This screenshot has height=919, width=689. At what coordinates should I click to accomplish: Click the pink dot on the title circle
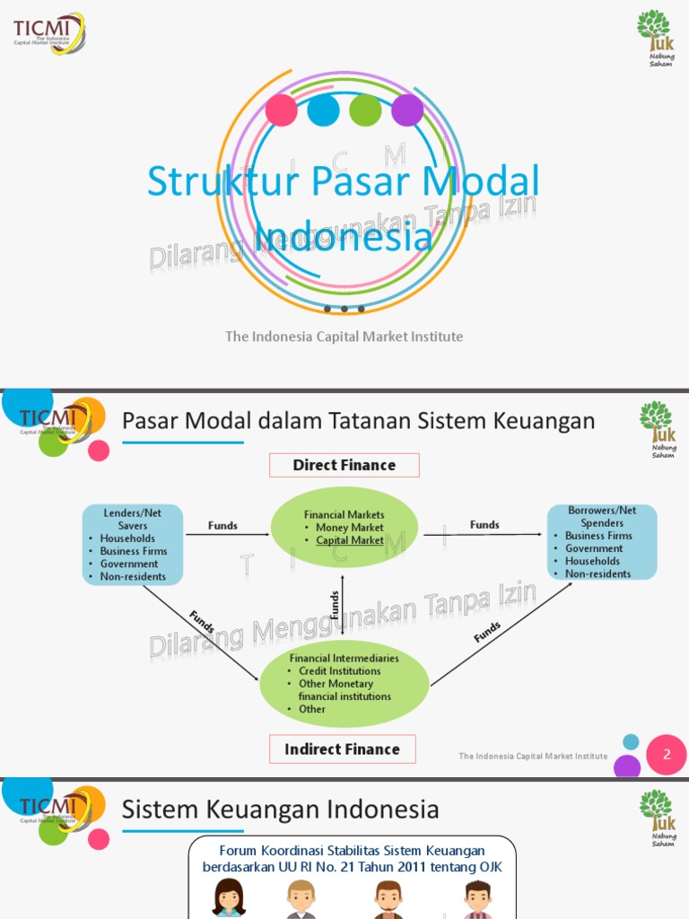coord(282,110)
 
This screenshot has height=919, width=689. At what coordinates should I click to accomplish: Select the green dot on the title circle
coord(365,110)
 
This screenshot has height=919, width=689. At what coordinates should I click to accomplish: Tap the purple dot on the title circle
coord(407,110)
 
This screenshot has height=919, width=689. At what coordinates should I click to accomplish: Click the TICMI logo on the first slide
coord(49,33)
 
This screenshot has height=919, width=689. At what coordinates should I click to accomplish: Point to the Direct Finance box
coord(344,465)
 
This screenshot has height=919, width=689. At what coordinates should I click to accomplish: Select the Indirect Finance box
coord(342,749)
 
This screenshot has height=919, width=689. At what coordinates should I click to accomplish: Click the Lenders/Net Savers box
coord(133,545)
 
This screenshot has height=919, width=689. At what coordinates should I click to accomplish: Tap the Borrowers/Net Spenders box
coord(602,542)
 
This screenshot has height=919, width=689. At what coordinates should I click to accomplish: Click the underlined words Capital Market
coord(350,540)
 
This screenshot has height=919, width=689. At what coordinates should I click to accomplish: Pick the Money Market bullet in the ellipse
coord(349,528)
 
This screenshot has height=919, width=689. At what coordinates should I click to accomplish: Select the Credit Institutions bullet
coord(339,671)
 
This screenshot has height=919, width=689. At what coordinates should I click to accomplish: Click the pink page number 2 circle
coord(667,755)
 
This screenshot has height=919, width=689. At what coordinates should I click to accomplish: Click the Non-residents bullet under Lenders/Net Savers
coord(133,577)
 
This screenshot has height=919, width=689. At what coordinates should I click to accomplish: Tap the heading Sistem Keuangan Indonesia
coord(280,810)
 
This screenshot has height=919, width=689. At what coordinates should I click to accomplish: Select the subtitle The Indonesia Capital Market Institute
coord(344,337)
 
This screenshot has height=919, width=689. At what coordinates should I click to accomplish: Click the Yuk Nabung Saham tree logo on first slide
coord(655,39)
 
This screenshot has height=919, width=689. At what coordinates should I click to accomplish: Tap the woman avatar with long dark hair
coord(229,897)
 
